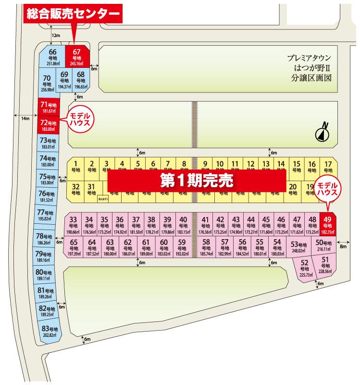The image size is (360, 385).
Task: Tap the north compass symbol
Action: click(322, 133)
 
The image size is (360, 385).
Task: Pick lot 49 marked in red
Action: click(327, 224)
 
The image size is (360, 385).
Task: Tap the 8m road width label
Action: click(342, 246)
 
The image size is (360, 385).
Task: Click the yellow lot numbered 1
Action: click(75, 166)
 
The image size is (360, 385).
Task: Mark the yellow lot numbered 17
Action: click(328, 166)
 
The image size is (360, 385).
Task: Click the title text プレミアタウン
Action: click(311, 58)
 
